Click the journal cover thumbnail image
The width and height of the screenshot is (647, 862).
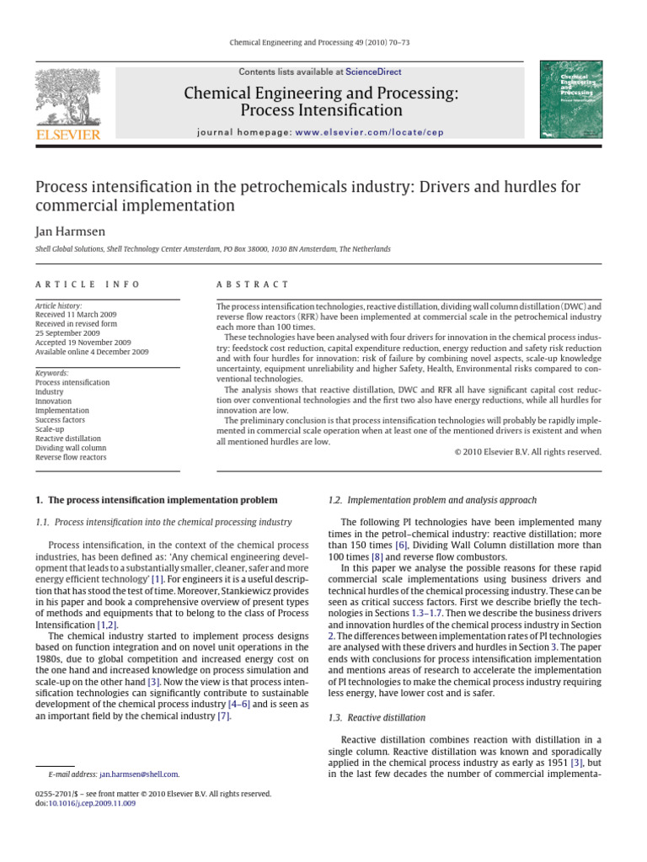(569, 99)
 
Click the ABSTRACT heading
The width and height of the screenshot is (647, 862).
(253, 285)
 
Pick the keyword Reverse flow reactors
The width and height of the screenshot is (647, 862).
(70, 458)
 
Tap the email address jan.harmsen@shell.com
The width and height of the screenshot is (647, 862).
(139, 774)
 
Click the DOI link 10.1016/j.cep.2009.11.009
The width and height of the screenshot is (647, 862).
(92, 803)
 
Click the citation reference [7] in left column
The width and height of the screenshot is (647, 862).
(223, 716)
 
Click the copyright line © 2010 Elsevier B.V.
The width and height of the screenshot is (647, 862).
(528, 452)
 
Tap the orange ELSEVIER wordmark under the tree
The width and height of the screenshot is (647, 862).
(67, 135)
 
